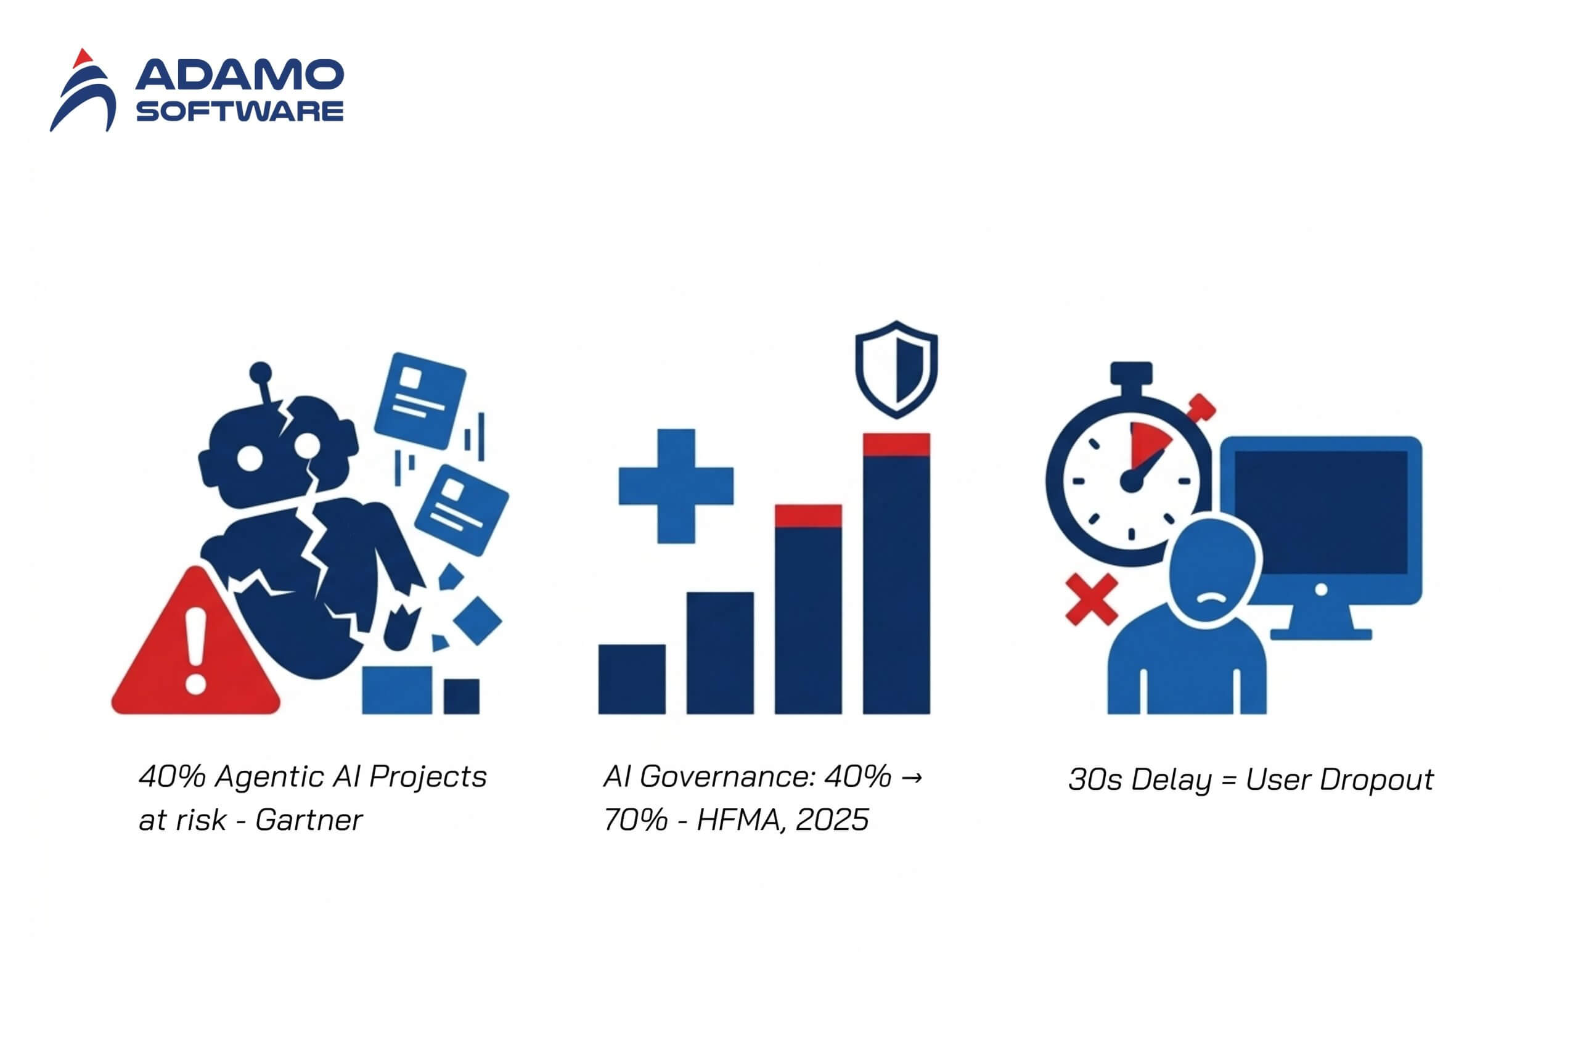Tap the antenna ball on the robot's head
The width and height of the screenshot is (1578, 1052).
pyautogui.click(x=260, y=373)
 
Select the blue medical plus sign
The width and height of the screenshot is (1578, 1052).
pyautogui.click(x=676, y=486)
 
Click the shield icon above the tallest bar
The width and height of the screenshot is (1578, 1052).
pyautogui.click(x=896, y=369)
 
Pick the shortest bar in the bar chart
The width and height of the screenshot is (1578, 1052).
pyautogui.click(x=631, y=678)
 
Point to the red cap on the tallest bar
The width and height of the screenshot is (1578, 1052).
pyautogui.click(x=896, y=445)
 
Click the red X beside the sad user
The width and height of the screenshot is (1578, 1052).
pyautogui.click(x=1092, y=599)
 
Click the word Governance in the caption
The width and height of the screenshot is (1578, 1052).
pyautogui.click(x=727, y=777)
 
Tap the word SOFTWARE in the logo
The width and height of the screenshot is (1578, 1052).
pyautogui.click(x=239, y=111)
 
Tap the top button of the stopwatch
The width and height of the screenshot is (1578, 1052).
pyautogui.click(x=1130, y=373)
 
